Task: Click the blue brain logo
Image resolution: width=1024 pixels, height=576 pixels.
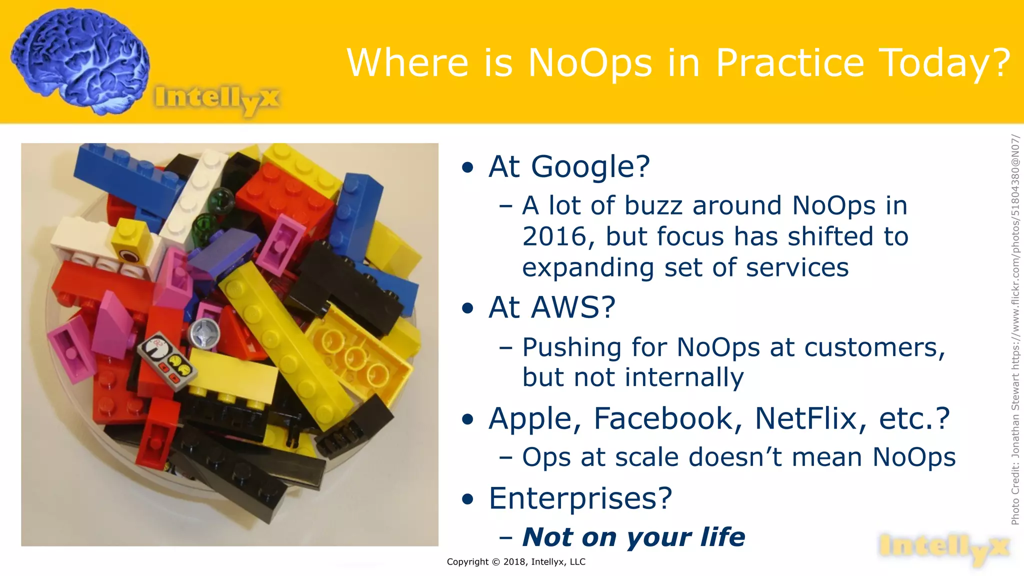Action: point(80,60)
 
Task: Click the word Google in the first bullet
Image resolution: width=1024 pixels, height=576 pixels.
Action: point(590,166)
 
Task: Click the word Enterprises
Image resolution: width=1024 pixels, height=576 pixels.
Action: point(580,498)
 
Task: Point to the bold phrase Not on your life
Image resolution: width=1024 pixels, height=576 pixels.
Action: point(633,537)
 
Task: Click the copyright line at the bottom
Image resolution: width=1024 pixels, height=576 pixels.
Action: point(516,562)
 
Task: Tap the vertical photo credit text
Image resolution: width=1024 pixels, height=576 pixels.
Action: point(1015,330)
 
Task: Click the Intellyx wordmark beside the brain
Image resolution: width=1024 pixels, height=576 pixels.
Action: point(217,98)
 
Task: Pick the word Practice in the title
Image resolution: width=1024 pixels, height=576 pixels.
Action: point(790,63)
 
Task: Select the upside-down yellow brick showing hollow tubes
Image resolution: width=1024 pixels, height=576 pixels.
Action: point(357,352)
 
